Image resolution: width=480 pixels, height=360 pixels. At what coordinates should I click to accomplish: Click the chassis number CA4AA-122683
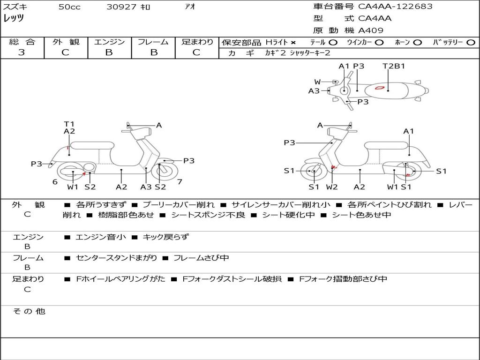click(395, 7)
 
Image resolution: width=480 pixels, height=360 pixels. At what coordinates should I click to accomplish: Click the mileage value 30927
click(121, 7)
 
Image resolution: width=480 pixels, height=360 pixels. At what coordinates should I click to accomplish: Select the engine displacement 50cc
click(69, 7)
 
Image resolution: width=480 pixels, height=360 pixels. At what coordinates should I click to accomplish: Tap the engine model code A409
click(371, 30)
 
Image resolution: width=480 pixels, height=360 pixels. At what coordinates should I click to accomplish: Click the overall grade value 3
click(22, 52)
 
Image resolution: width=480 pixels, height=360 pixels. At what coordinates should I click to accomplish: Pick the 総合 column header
click(22, 42)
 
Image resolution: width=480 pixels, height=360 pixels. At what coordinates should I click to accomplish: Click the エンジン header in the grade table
click(110, 42)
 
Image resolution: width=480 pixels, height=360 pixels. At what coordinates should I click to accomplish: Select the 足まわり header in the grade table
click(197, 42)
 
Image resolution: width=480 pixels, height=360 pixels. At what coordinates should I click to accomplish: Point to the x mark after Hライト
click(293, 43)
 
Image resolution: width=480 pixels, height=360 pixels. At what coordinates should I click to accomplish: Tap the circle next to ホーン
click(418, 43)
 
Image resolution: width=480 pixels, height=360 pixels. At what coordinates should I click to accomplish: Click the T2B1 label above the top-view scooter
click(394, 66)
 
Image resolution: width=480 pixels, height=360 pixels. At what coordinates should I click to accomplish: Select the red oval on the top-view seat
click(380, 87)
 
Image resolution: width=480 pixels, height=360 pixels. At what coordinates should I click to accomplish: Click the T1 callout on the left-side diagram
click(69, 124)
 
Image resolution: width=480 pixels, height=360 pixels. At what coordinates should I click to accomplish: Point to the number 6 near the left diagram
click(55, 182)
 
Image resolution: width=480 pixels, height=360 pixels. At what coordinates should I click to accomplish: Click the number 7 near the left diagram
click(180, 181)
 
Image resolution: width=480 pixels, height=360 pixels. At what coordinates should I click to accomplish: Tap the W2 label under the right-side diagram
click(332, 187)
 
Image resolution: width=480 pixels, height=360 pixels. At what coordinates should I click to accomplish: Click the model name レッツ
click(14, 18)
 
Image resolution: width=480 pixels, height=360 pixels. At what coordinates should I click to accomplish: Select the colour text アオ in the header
click(190, 7)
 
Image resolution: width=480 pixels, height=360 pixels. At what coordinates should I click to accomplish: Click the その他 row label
click(29, 311)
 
